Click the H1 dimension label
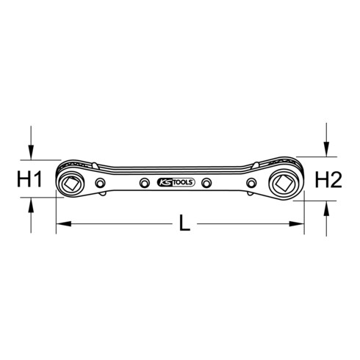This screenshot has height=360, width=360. [29, 179]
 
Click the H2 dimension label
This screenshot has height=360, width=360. [328, 180]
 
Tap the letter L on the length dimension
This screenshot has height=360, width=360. [184, 223]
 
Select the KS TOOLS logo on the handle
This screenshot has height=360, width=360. [176, 182]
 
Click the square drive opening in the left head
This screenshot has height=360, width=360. [71, 183]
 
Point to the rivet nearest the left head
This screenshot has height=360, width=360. [100, 183]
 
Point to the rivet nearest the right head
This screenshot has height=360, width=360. [251, 183]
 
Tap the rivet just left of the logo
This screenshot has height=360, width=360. [145, 183]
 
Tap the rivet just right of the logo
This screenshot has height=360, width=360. [207, 183]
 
